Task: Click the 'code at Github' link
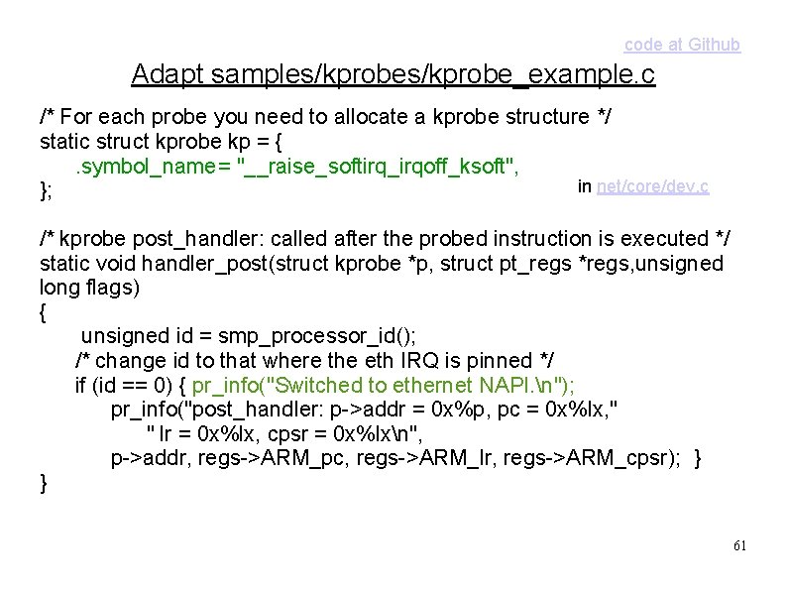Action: tap(681, 45)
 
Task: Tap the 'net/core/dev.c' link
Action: tap(652, 185)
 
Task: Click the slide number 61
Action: tap(738, 546)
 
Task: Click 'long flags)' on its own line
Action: tap(89, 288)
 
